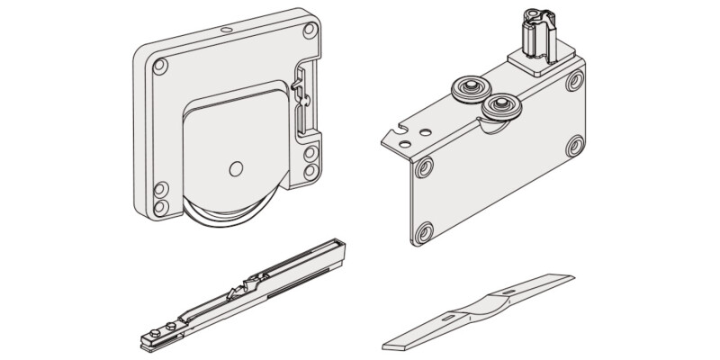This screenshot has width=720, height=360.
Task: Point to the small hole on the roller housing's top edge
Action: (x=224, y=29)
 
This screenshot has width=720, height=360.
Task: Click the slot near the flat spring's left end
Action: (x=451, y=319)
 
